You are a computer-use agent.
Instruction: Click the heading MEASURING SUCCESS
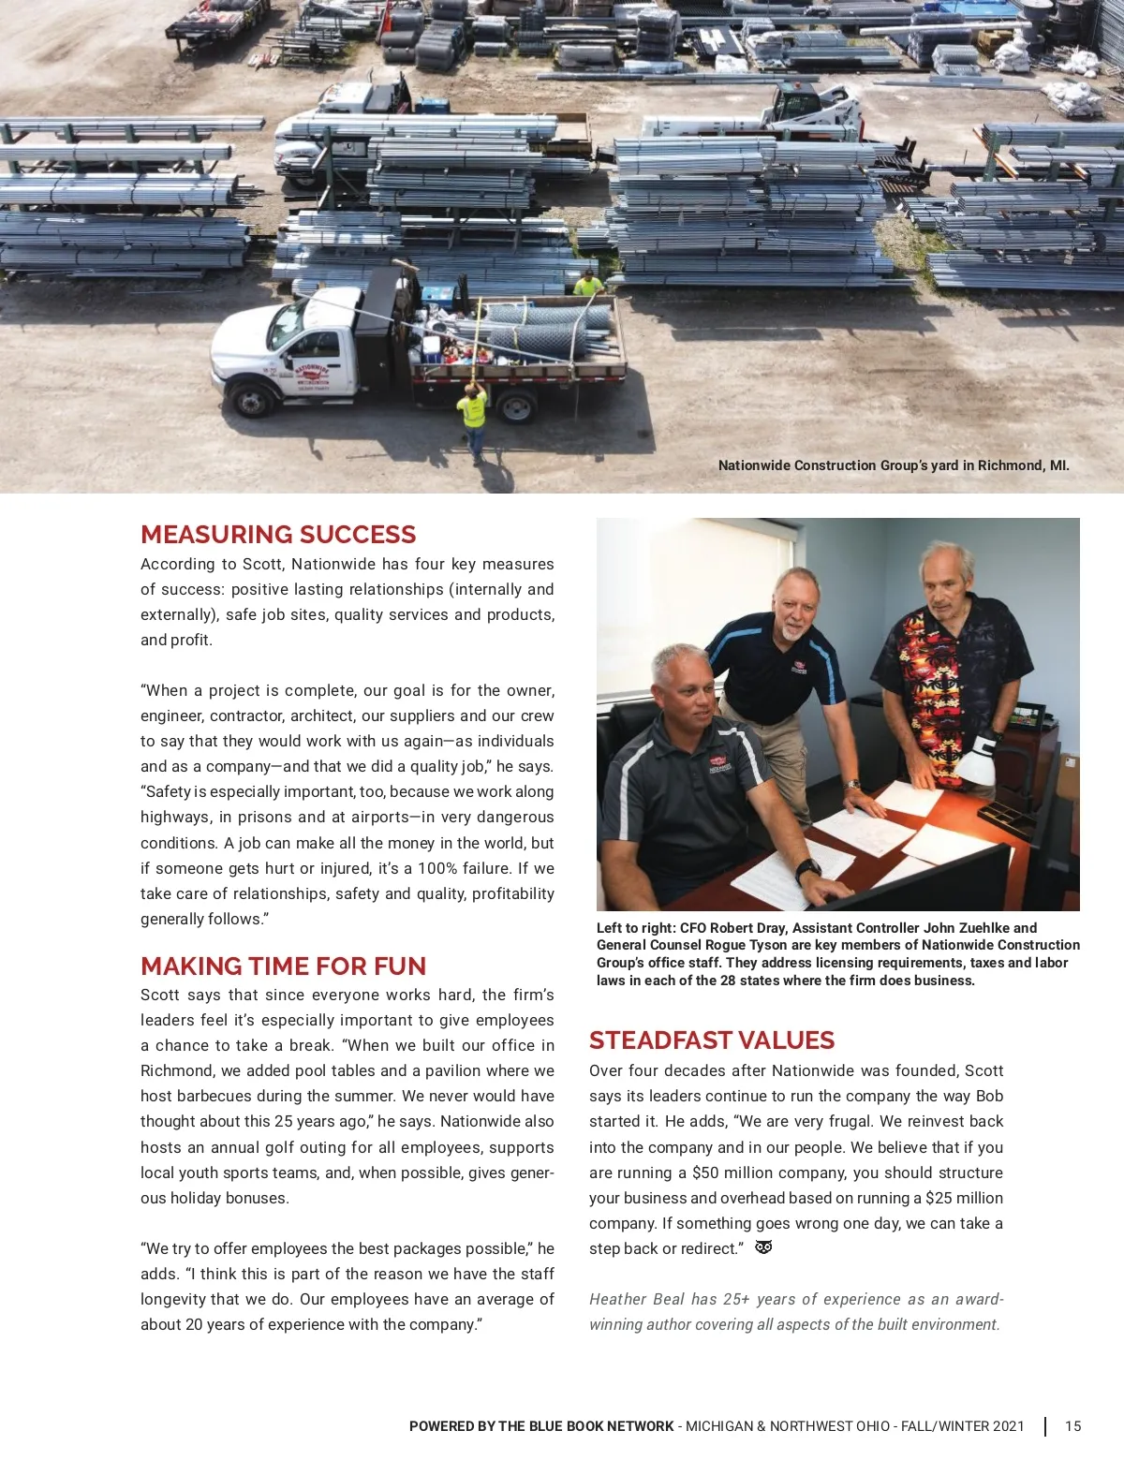[x=278, y=535]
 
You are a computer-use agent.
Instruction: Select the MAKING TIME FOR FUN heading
[x=283, y=966]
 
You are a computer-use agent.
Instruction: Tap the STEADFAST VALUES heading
[x=711, y=1040]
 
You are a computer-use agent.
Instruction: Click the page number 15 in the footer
[x=1072, y=1426]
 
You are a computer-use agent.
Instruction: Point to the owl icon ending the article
[x=763, y=1247]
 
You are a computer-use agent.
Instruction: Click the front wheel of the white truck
[x=252, y=400]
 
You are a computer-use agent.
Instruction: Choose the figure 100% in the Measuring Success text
[x=437, y=868]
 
